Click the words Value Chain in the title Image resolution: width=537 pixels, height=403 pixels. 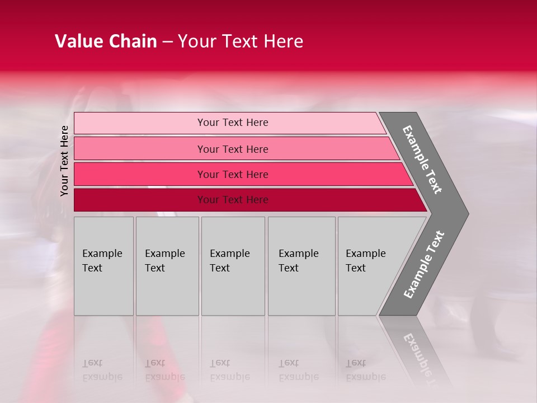coord(106,41)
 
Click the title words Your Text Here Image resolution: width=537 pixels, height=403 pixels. coord(241,41)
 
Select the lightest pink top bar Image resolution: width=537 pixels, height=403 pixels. coord(140,123)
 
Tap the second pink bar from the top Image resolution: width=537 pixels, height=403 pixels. coord(140,149)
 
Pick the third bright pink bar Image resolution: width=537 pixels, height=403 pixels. coord(140,174)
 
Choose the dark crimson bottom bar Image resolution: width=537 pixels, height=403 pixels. coord(140,200)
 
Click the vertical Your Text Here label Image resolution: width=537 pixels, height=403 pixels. coord(64,161)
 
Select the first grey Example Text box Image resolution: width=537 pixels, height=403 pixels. coord(103,266)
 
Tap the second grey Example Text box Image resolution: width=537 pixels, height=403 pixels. coord(167,266)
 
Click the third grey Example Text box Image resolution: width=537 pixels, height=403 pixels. coord(233,266)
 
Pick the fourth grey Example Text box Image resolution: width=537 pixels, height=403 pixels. coord(301,266)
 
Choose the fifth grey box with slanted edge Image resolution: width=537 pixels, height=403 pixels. coord(369,266)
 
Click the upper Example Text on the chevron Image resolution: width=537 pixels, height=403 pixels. coord(422,160)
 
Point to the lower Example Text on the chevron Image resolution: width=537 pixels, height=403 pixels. coord(423,265)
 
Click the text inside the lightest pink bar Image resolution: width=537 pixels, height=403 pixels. coord(233,123)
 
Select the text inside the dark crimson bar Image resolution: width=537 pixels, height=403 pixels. coord(233,200)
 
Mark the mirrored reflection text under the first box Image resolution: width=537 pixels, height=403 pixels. coord(102,370)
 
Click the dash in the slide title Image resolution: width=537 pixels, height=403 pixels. coord(167,41)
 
